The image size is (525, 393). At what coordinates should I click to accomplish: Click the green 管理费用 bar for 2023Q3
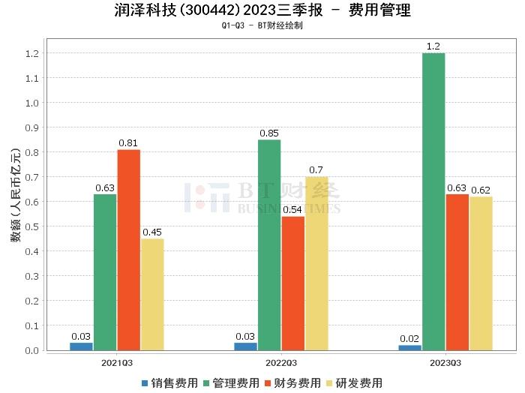(433, 202)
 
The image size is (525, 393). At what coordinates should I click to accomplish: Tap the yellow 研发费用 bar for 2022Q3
(316, 263)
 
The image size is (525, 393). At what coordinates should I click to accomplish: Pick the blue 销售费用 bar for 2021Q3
(81, 346)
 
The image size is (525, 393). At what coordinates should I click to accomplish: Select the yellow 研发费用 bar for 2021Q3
(151, 294)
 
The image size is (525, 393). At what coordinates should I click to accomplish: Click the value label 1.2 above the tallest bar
(433, 46)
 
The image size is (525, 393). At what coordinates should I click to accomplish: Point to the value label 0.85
(269, 133)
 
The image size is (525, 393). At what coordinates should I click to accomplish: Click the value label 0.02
(409, 338)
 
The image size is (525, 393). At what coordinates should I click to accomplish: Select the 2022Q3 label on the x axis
(281, 362)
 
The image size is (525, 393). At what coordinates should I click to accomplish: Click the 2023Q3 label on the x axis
(445, 362)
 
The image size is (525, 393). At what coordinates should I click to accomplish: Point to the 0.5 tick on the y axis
(31, 226)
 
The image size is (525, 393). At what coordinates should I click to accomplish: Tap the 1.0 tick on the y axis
(31, 103)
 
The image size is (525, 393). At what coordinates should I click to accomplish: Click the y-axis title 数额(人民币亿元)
(14, 202)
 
